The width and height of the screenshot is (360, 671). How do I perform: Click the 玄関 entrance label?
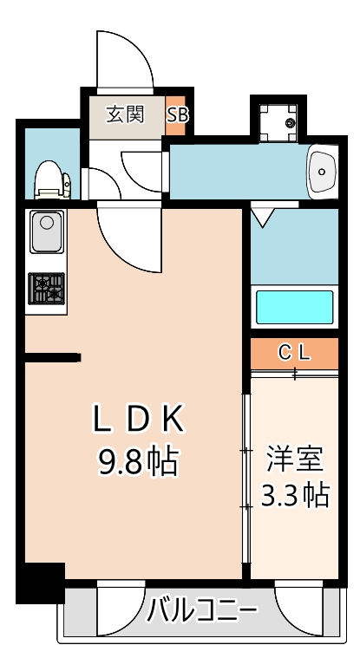125,114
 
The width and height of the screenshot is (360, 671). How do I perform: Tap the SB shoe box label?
177,115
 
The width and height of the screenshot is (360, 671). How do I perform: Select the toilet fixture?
53,180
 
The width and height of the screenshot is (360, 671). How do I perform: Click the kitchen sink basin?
47,231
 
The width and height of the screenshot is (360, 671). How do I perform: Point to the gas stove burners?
47,289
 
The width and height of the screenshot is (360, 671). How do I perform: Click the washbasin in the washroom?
322,172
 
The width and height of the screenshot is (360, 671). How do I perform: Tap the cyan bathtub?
295,307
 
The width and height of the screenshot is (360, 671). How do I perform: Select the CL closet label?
294,353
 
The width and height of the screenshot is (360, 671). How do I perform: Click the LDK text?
139,420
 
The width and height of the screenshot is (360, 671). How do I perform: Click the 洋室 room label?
295,458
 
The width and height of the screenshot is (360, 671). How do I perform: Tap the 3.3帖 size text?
295,495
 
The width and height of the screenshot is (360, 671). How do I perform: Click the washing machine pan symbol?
278,122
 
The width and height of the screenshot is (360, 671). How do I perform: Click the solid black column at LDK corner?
40,583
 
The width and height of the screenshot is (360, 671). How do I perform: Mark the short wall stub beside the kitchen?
52,357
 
